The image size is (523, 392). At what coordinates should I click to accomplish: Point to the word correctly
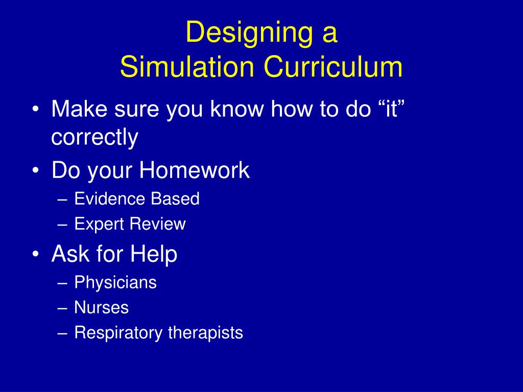(x=94, y=138)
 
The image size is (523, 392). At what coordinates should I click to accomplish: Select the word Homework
(x=195, y=170)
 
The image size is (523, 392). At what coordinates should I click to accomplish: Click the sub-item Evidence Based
(x=137, y=199)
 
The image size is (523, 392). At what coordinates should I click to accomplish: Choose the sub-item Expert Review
(x=130, y=224)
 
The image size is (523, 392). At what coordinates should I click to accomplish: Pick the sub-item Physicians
(x=115, y=282)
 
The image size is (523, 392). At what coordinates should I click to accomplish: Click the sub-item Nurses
(x=101, y=308)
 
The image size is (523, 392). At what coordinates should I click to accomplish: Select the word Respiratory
(x=119, y=333)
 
